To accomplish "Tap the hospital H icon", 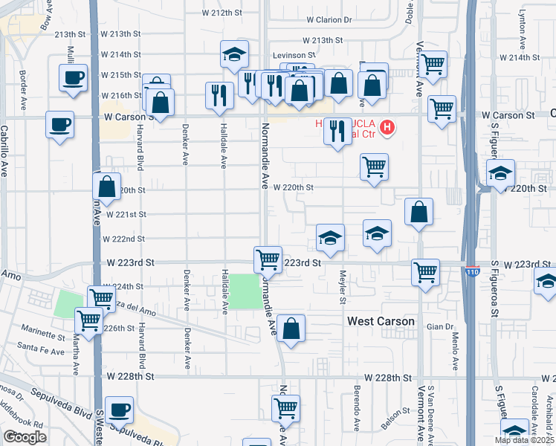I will pos(387,128).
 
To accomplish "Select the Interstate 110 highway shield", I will pos(472,273).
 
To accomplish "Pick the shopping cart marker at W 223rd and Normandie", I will pos(268,259).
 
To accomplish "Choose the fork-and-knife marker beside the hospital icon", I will pos(337,132).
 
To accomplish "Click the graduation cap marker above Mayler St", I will pos(330,237).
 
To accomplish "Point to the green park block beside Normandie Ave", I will pos(245,291).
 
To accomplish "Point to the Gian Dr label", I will pos(439,327).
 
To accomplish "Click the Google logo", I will pos(25,437).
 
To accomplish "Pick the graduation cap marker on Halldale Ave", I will pos(233,54).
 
